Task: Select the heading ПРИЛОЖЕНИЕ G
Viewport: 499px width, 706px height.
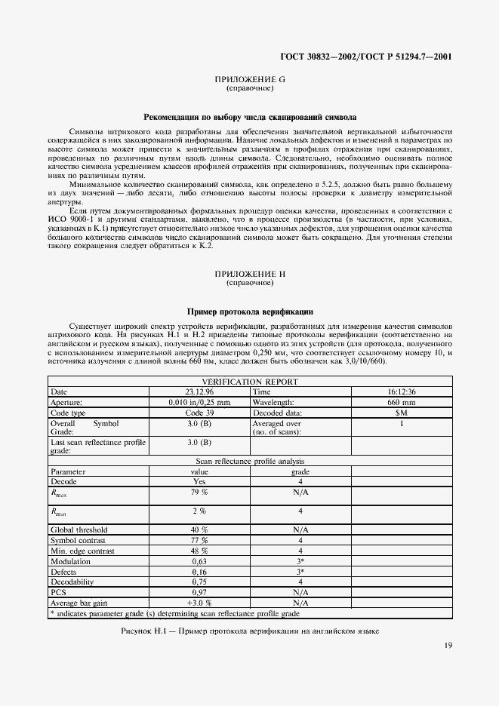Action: click(x=250, y=79)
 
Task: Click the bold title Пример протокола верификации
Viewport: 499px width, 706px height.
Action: click(x=250, y=311)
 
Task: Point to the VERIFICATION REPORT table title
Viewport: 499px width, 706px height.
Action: click(x=250, y=382)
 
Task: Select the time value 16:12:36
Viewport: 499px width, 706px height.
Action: click(x=402, y=392)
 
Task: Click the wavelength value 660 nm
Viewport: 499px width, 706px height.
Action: click(x=402, y=403)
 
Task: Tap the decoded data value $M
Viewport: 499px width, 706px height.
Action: click(x=402, y=413)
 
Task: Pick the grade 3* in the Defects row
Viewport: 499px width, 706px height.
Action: click(x=300, y=572)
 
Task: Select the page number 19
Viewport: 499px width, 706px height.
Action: click(x=448, y=644)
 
